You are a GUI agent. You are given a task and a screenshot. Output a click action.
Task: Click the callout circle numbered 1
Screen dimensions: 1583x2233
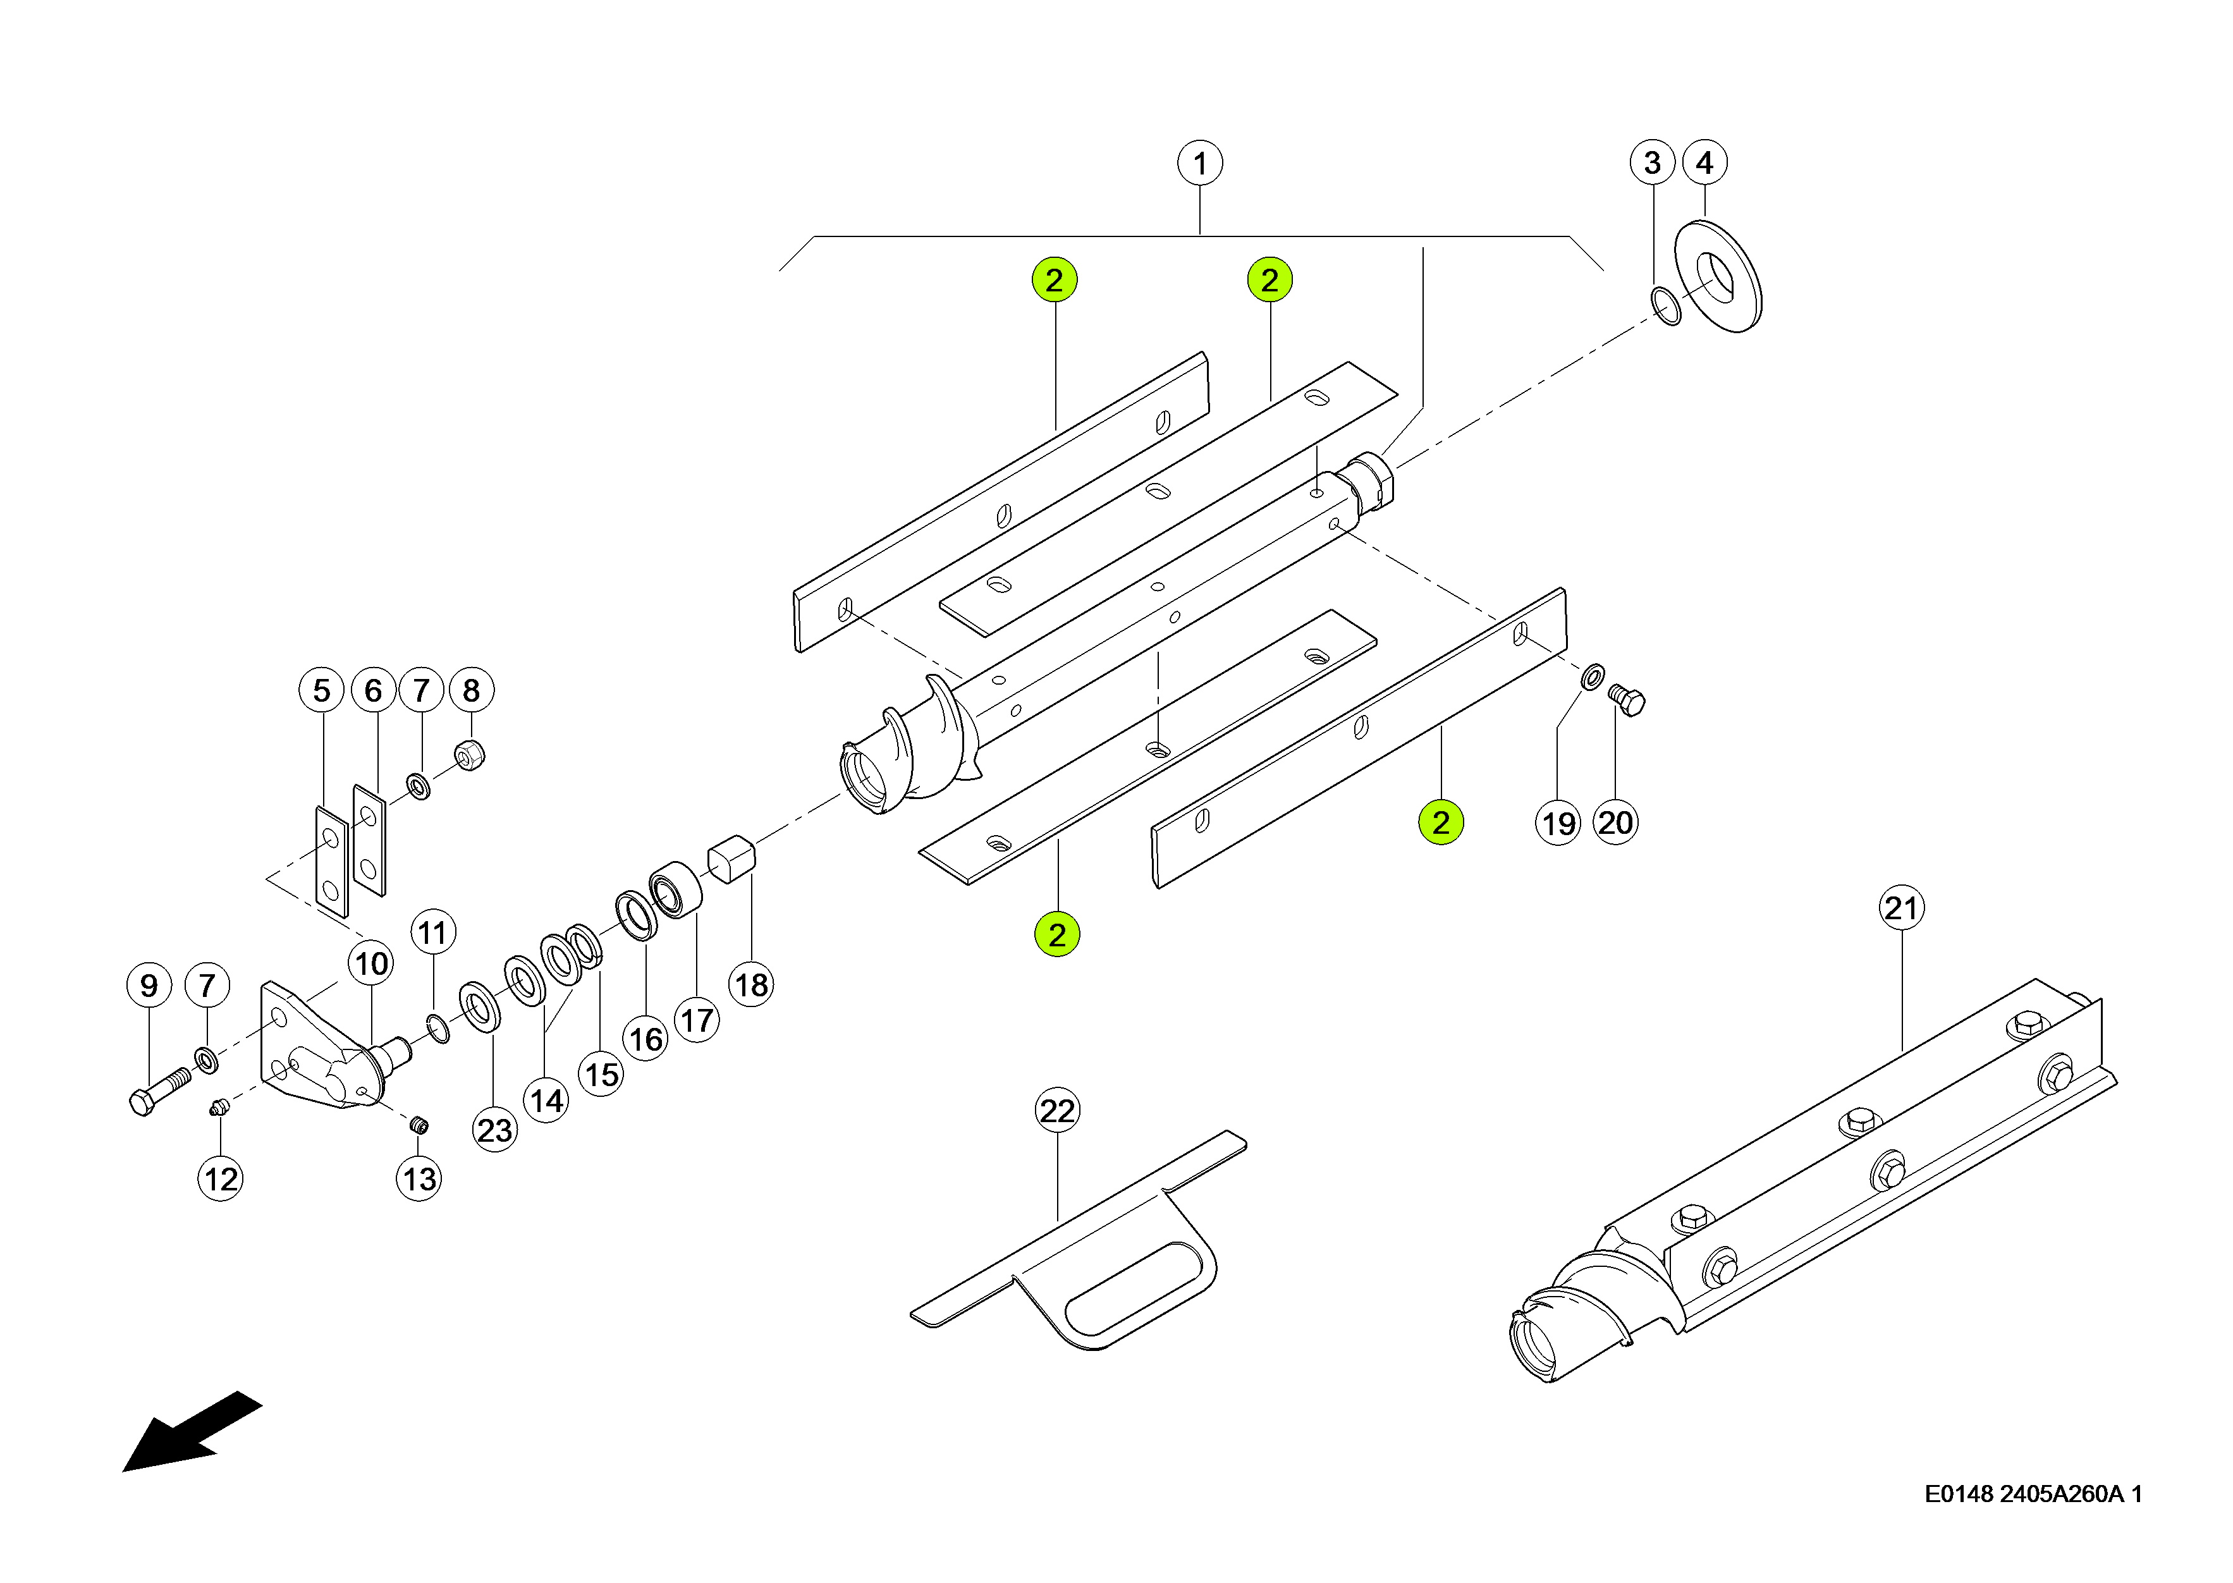pyautogui.click(x=1200, y=162)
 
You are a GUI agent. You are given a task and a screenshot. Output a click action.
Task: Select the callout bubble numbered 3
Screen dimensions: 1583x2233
pyautogui.click(x=1652, y=162)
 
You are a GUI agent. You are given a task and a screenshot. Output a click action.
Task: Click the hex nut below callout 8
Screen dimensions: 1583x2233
pyautogui.click(x=470, y=754)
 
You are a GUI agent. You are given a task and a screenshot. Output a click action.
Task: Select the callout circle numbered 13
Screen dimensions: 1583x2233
pyautogui.click(x=419, y=1178)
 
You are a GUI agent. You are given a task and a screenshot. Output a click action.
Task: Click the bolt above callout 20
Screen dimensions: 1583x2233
pyautogui.click(x=1626, y=700)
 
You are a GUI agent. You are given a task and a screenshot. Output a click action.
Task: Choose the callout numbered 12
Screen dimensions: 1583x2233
pyautogui.click(x=220, y=1178)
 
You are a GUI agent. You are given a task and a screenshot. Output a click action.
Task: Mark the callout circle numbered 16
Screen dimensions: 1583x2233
pyautogui.click(x=645, y=1039)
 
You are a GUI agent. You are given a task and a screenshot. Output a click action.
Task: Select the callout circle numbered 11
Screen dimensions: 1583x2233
pyautogui.click(x=433, y=933)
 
